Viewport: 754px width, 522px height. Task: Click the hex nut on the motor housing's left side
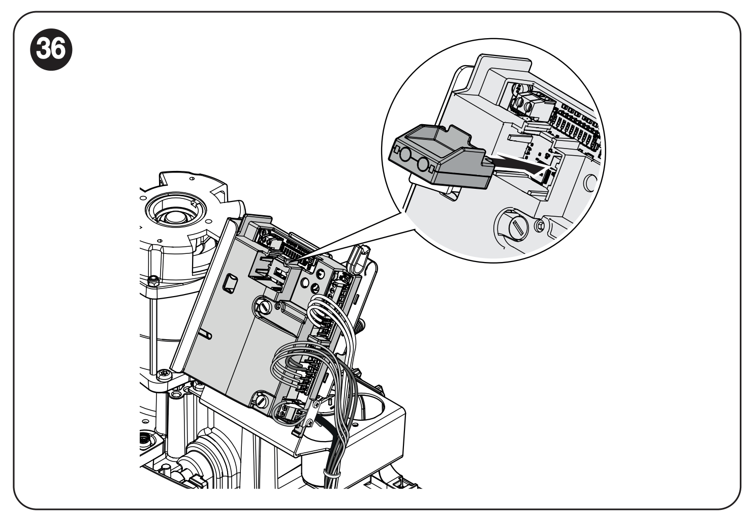pyautogui.click(x=151, y=281)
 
